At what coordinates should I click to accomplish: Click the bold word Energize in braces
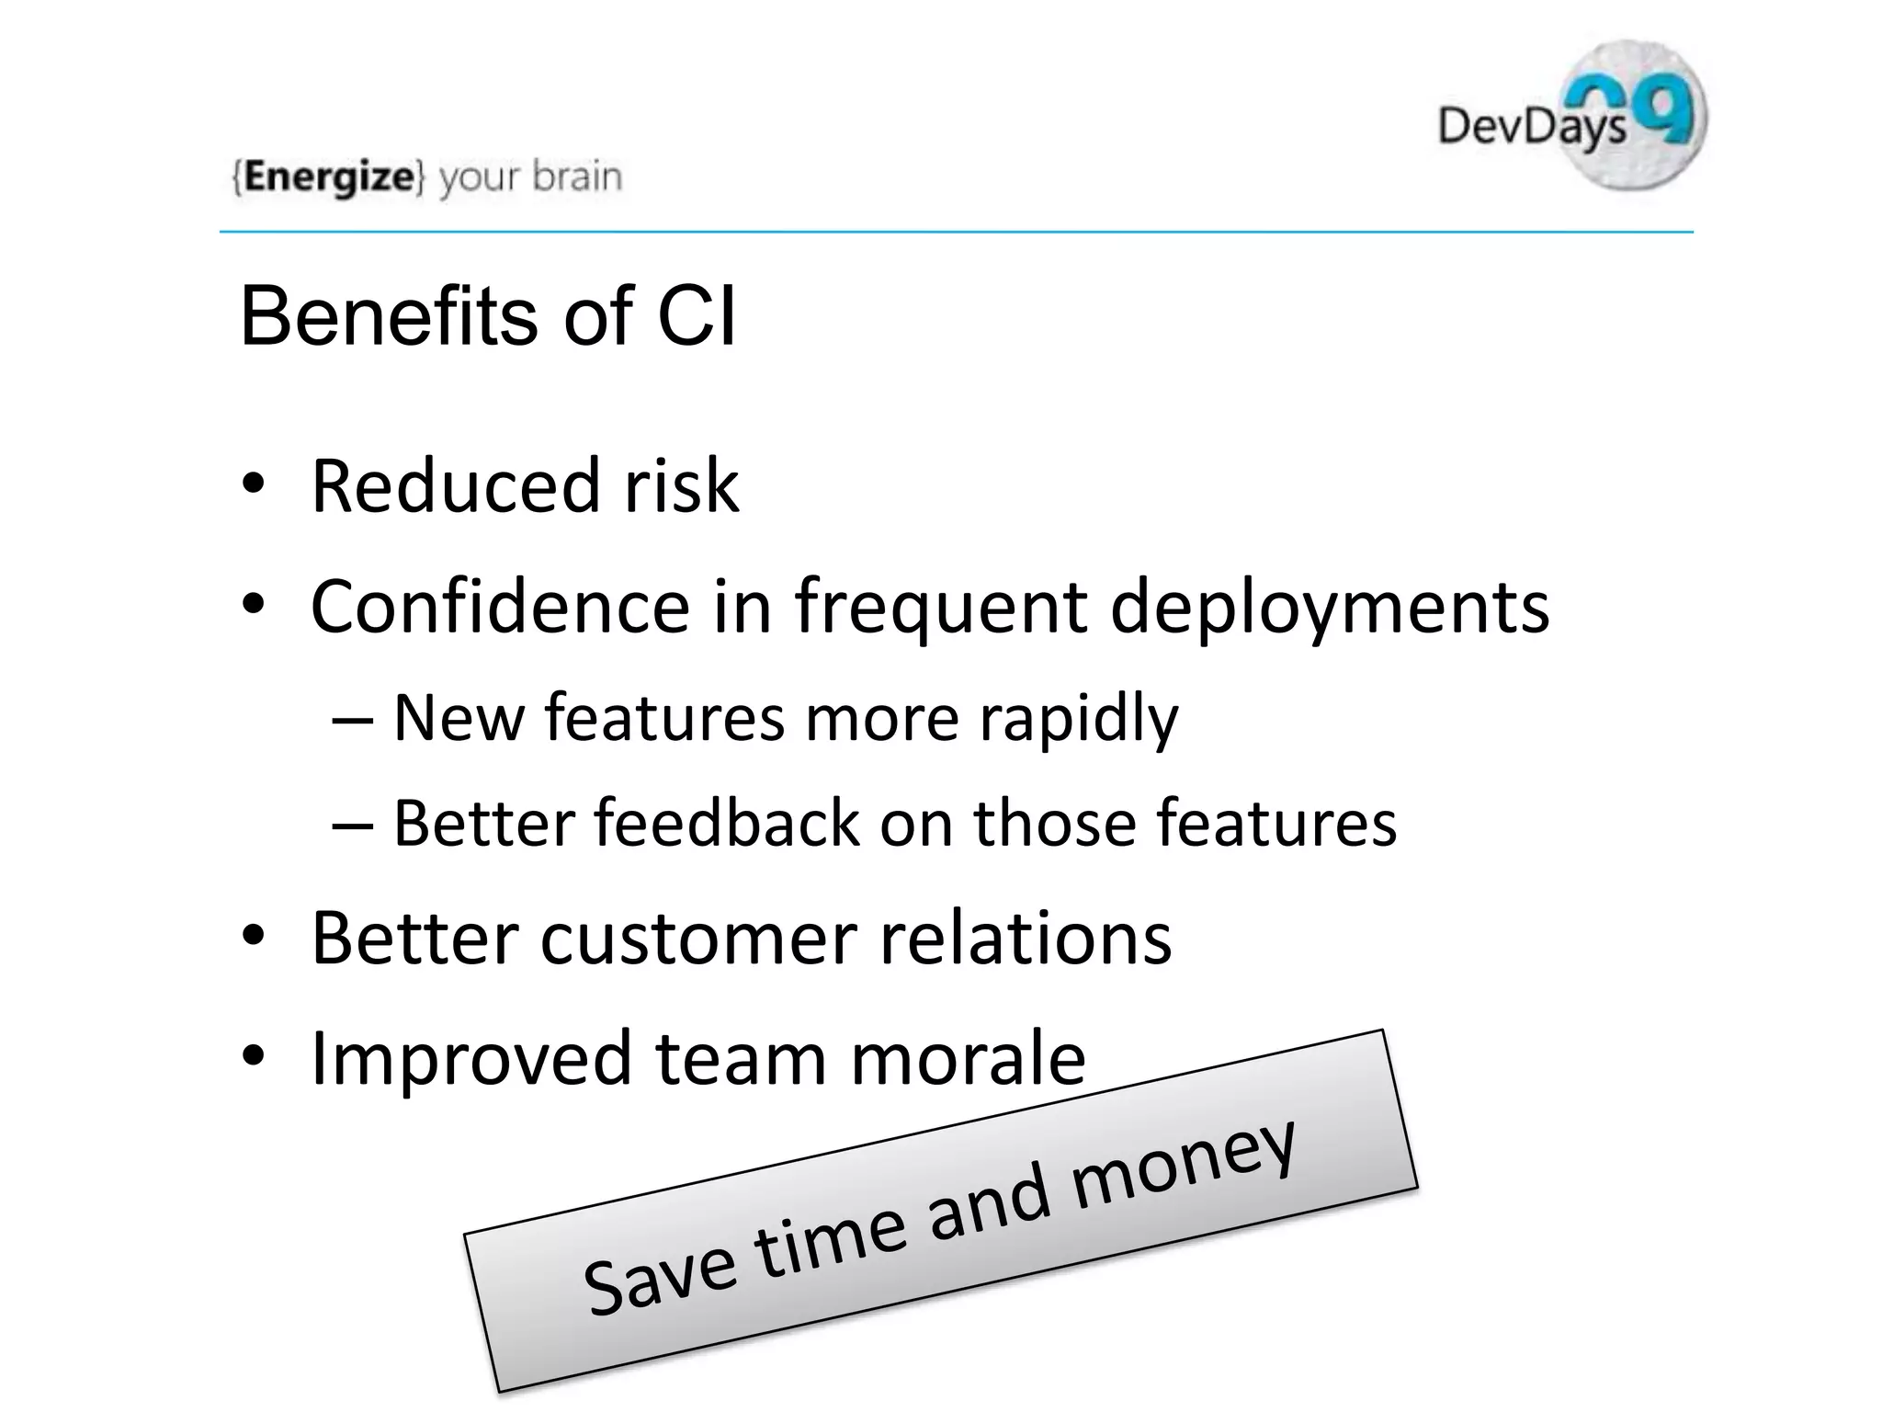coord(329,176)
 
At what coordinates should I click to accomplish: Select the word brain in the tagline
coord(577,175)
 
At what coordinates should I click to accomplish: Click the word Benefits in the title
coord(389,316)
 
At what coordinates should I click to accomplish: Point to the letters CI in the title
coord(697,316)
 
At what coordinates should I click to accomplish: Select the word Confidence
coord(500,607)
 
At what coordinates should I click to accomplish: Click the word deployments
coord(1330,609)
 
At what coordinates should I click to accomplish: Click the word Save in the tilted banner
coord(659,1275)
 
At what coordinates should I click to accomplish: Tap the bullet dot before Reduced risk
coord(254,484)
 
